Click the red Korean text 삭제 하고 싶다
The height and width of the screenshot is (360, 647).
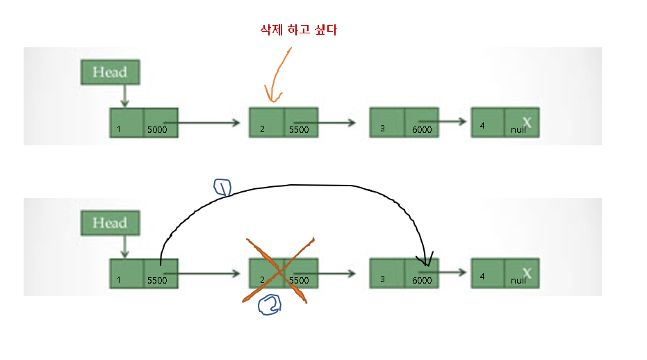point(297,30)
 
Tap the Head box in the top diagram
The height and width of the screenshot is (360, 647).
point(110,72)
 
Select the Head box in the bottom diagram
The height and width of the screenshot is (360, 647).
point(110,223)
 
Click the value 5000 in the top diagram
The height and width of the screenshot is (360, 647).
point(157,129)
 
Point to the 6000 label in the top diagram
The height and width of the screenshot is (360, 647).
point(421,129)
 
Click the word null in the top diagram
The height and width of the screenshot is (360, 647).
point(518,130)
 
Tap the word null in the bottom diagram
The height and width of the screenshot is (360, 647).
point(518,281)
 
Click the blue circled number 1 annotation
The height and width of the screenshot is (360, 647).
point(222,188)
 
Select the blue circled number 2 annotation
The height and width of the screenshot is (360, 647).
point(268,306)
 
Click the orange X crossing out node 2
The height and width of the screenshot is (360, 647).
point(279,270)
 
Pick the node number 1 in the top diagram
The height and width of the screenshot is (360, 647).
point(119,129)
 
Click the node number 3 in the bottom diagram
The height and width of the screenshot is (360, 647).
point(382,279)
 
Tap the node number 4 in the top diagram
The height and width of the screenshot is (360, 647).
point(482,125)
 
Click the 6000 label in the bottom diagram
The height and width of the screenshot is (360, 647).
point(421,281)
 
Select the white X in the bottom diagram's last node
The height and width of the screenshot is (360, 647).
point(527,273)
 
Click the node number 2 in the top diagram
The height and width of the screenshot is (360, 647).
point(262,129)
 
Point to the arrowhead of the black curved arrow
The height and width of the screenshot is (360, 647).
point(426,263)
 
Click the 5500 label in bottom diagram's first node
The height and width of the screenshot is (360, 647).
point(157,281)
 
